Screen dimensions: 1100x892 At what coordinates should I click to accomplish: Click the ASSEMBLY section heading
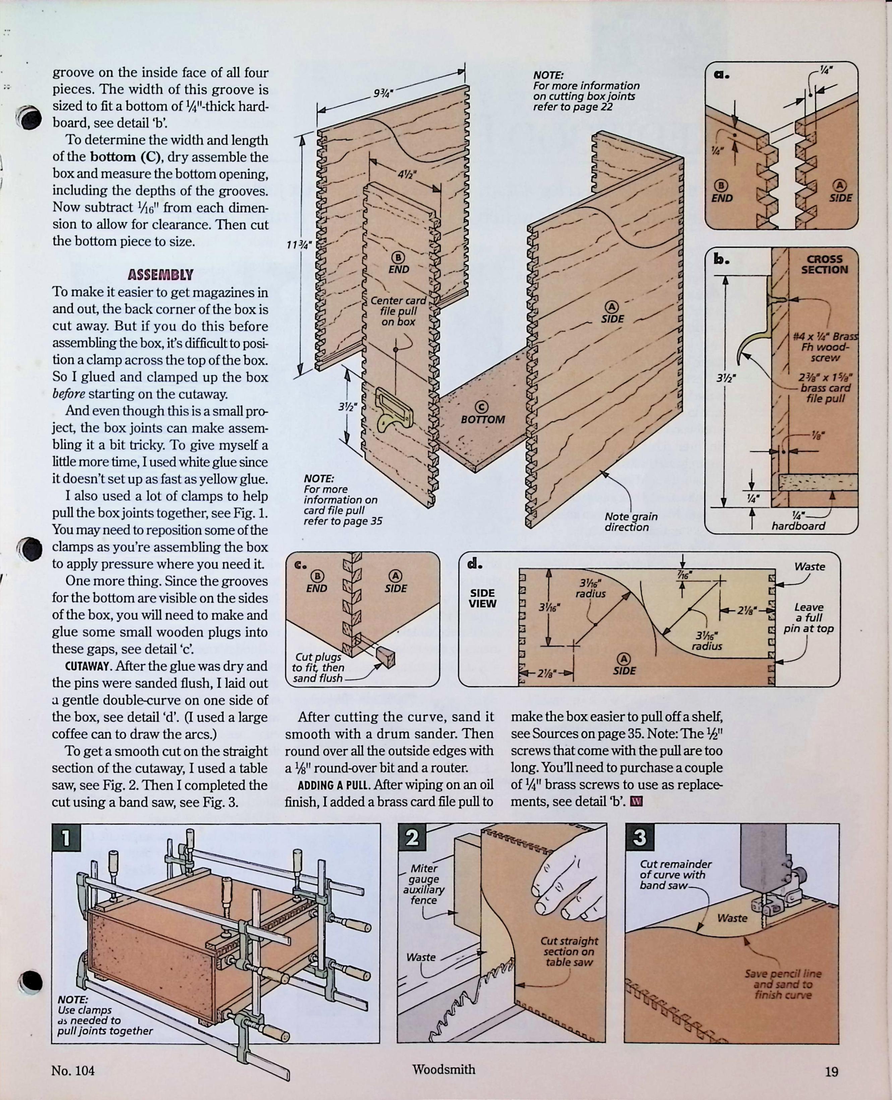tap(160, 275)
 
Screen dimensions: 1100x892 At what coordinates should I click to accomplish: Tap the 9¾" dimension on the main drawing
tap(383, 94)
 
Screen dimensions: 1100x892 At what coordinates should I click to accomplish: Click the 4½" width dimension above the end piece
tap(407, 174)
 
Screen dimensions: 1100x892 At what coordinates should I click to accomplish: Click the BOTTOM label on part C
tap(482, 419)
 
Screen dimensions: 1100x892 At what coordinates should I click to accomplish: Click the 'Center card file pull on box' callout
tap(398, 311)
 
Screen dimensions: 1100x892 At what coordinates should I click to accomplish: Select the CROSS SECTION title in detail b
tap(824, 264)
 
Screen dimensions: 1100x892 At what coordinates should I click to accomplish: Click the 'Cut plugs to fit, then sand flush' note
tap(318, 668)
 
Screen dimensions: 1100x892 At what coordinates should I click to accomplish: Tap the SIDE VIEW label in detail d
tap(482, 598)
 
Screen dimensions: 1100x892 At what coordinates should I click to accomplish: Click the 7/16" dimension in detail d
tap(684, 575)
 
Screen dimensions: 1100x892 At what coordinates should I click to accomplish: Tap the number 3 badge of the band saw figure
tap(639, 837)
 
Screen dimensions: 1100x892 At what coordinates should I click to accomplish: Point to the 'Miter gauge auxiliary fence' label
tap(424, 884)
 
